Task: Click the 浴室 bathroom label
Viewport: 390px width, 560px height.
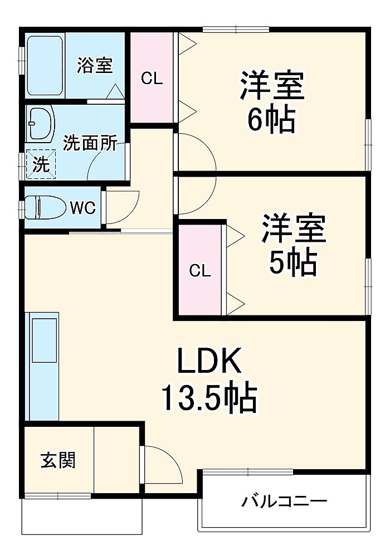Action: [x=95, y=65]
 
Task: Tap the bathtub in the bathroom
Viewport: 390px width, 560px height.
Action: [x=45, y=65]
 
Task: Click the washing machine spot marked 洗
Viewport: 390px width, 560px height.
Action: [x=41, y=164]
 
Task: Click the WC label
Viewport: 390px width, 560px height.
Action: [x=83, y=207]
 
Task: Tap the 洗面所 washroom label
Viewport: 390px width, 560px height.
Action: [x=90, y=143]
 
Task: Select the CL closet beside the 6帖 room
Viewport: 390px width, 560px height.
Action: [x=152, y=77]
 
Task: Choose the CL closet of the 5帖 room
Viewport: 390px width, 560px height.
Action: [x=199, y=270]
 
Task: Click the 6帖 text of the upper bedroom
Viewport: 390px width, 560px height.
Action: [x=272, y=120]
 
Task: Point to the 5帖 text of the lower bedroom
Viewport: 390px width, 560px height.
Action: [x=293, y=262]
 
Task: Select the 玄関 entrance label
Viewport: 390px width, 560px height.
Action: [x=58, y=460]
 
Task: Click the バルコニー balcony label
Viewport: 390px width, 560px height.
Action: [x=284, y=501]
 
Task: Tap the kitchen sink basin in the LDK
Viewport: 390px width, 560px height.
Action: [x=44, y=340]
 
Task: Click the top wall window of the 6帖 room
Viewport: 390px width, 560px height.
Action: [x=235, y=30]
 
